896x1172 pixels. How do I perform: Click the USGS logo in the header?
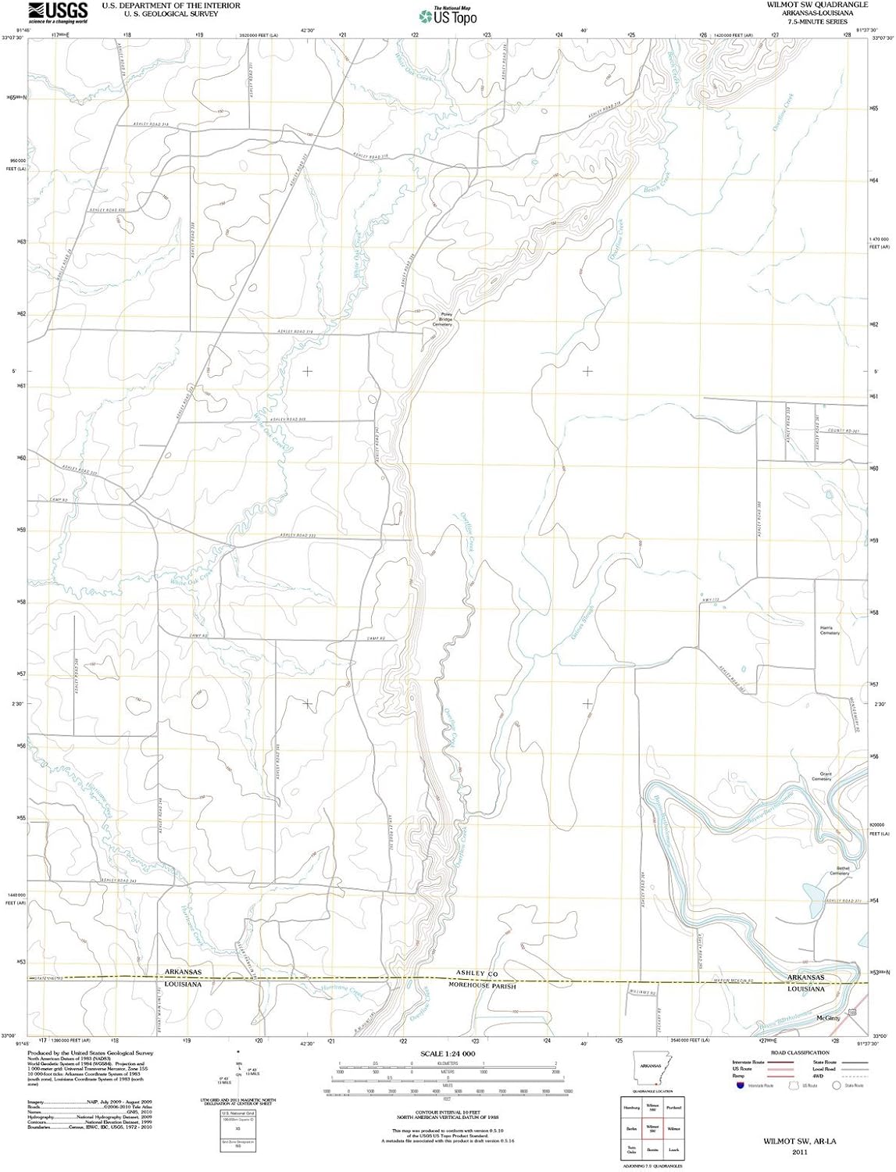58,12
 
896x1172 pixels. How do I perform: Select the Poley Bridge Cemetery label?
444,318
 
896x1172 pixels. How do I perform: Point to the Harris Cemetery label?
829,630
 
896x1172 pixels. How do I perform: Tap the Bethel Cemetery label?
840,870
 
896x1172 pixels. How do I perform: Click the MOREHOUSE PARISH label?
482,986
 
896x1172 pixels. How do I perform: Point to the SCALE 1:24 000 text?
448,1054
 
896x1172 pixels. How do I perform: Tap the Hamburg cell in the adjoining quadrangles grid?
626,1107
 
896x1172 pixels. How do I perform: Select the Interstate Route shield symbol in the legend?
739,1085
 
